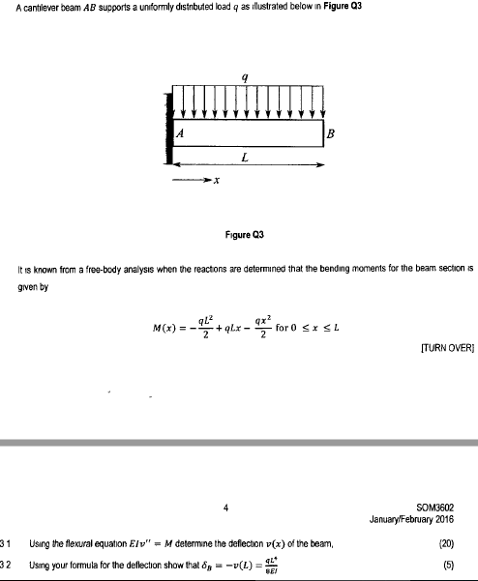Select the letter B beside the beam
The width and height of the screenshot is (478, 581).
[332, 133]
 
